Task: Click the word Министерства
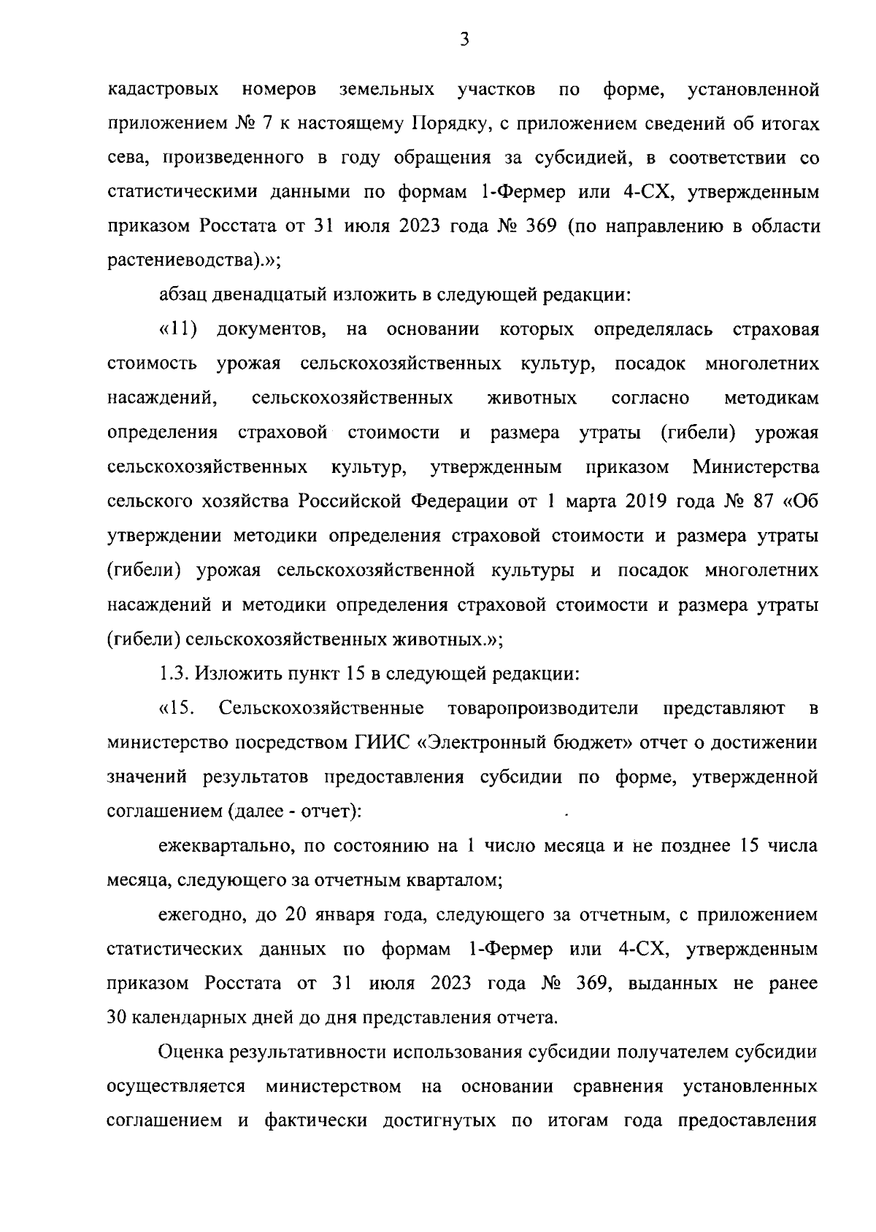[756, 466]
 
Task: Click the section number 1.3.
[174, 673]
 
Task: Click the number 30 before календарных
[117, 1018]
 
